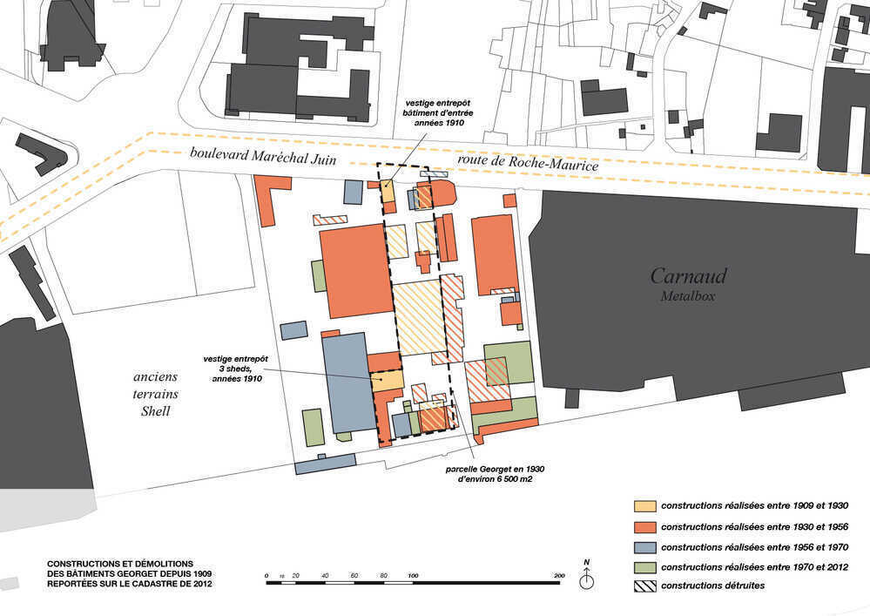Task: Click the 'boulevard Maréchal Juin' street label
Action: point(263,156)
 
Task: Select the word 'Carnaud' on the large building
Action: point(688,276)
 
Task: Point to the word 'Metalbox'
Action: point(687,296)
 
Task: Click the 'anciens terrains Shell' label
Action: point(155,394)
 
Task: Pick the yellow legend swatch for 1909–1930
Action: point(645,506)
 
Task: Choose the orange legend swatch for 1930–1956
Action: point(645,526)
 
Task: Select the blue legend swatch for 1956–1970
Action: point(645,547)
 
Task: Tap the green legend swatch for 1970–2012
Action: point(645,567)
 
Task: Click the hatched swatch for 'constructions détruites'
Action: point(645,586)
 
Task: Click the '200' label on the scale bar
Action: point(559,576)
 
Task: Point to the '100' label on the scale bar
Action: point(413,576)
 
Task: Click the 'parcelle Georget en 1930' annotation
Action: point(495,473)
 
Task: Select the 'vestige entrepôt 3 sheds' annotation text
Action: point(236,369)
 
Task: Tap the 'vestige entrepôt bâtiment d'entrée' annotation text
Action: point(438,112)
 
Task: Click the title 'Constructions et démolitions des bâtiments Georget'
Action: point(129,573)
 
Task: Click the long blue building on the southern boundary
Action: point(325,464)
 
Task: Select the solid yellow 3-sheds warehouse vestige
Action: point(387,381)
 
